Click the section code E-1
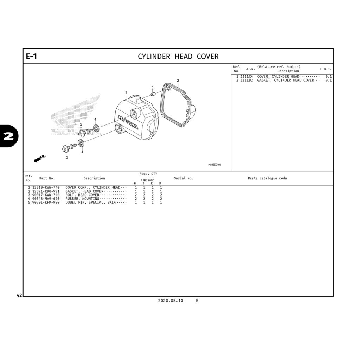pyautogui.click(x=31, y=56)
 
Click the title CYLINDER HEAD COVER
pyautogui.click(x=178, y=57)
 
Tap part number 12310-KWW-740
pyautogui.click(x=46, y=188)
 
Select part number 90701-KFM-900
pyautogui.click(x=46, y=202)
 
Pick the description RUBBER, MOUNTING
pyautogui.click(x=82, y=199)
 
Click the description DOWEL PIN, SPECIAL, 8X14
pyautogui.click(x=90, y=202)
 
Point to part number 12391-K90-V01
pyautogui.click(x=46, y=191)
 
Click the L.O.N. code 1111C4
pyautogui.click(x=247, y=77)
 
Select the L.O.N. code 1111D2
pyautogui.click(x=247, y=81)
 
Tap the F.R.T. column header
pyautogui.click(x=326, y=69)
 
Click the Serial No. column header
pyautogui.click(x=184, y=178)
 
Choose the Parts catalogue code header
pyautogui.click(x=267, y=178)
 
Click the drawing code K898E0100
pyautogui.click(x=215, y=165)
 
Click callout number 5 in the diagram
pyautogui.click(x=152, y=87)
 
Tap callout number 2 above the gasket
pyautogui.click(x=178, y=81)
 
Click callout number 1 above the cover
pyautogui.click(x=126, y=92)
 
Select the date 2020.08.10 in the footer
pyautogui.click(x=171, y=301)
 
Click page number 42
pyautogui.click(x=19, y=296)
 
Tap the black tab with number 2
pyautogui.click(x=8, y=136)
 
